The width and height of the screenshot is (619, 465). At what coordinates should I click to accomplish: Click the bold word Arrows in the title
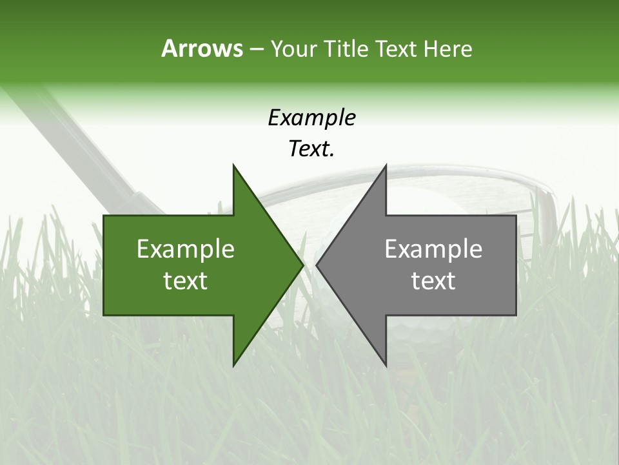pos(201,48)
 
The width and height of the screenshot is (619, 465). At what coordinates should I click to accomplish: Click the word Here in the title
pos(447,49)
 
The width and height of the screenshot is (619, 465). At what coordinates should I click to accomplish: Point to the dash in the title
pos(256,50)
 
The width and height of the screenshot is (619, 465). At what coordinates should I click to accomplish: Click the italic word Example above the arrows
pos(311,118)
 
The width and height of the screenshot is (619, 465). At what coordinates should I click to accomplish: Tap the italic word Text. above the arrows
pos(311,149)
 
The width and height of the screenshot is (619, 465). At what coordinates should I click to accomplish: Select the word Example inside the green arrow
pos(186,249)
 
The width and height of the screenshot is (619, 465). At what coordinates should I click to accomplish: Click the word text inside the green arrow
pos(186,281)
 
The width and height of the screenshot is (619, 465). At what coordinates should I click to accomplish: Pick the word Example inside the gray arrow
pos(433,249)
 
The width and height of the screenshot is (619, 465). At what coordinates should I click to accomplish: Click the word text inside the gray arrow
pos(433,281)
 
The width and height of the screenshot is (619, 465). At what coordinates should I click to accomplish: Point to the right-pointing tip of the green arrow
pos(300,265)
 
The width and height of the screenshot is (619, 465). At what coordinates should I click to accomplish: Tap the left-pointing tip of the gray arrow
pos(319,265)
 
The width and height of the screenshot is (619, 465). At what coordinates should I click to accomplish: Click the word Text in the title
pos(395,49)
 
